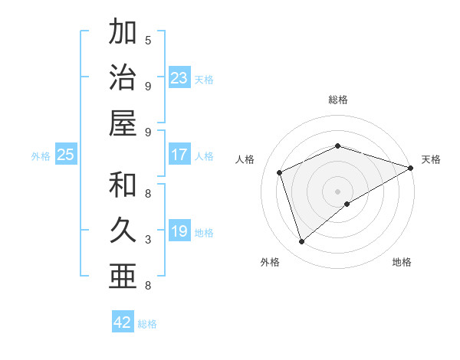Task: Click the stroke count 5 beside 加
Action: pos(148,40)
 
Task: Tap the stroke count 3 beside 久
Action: pos(148,240)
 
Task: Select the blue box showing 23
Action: pos(179,77)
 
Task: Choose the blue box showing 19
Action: pos(179,231)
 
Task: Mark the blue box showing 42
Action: pos(123,322)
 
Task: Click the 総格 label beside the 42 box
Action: pos(147,324)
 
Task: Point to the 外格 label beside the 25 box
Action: pos(41,156)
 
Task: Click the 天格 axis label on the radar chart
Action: pos(431,159)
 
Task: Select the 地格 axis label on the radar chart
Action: pos(402,262)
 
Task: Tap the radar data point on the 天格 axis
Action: pos(412,167)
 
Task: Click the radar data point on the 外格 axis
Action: pos(301,242)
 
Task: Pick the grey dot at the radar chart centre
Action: pos(338,190)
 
